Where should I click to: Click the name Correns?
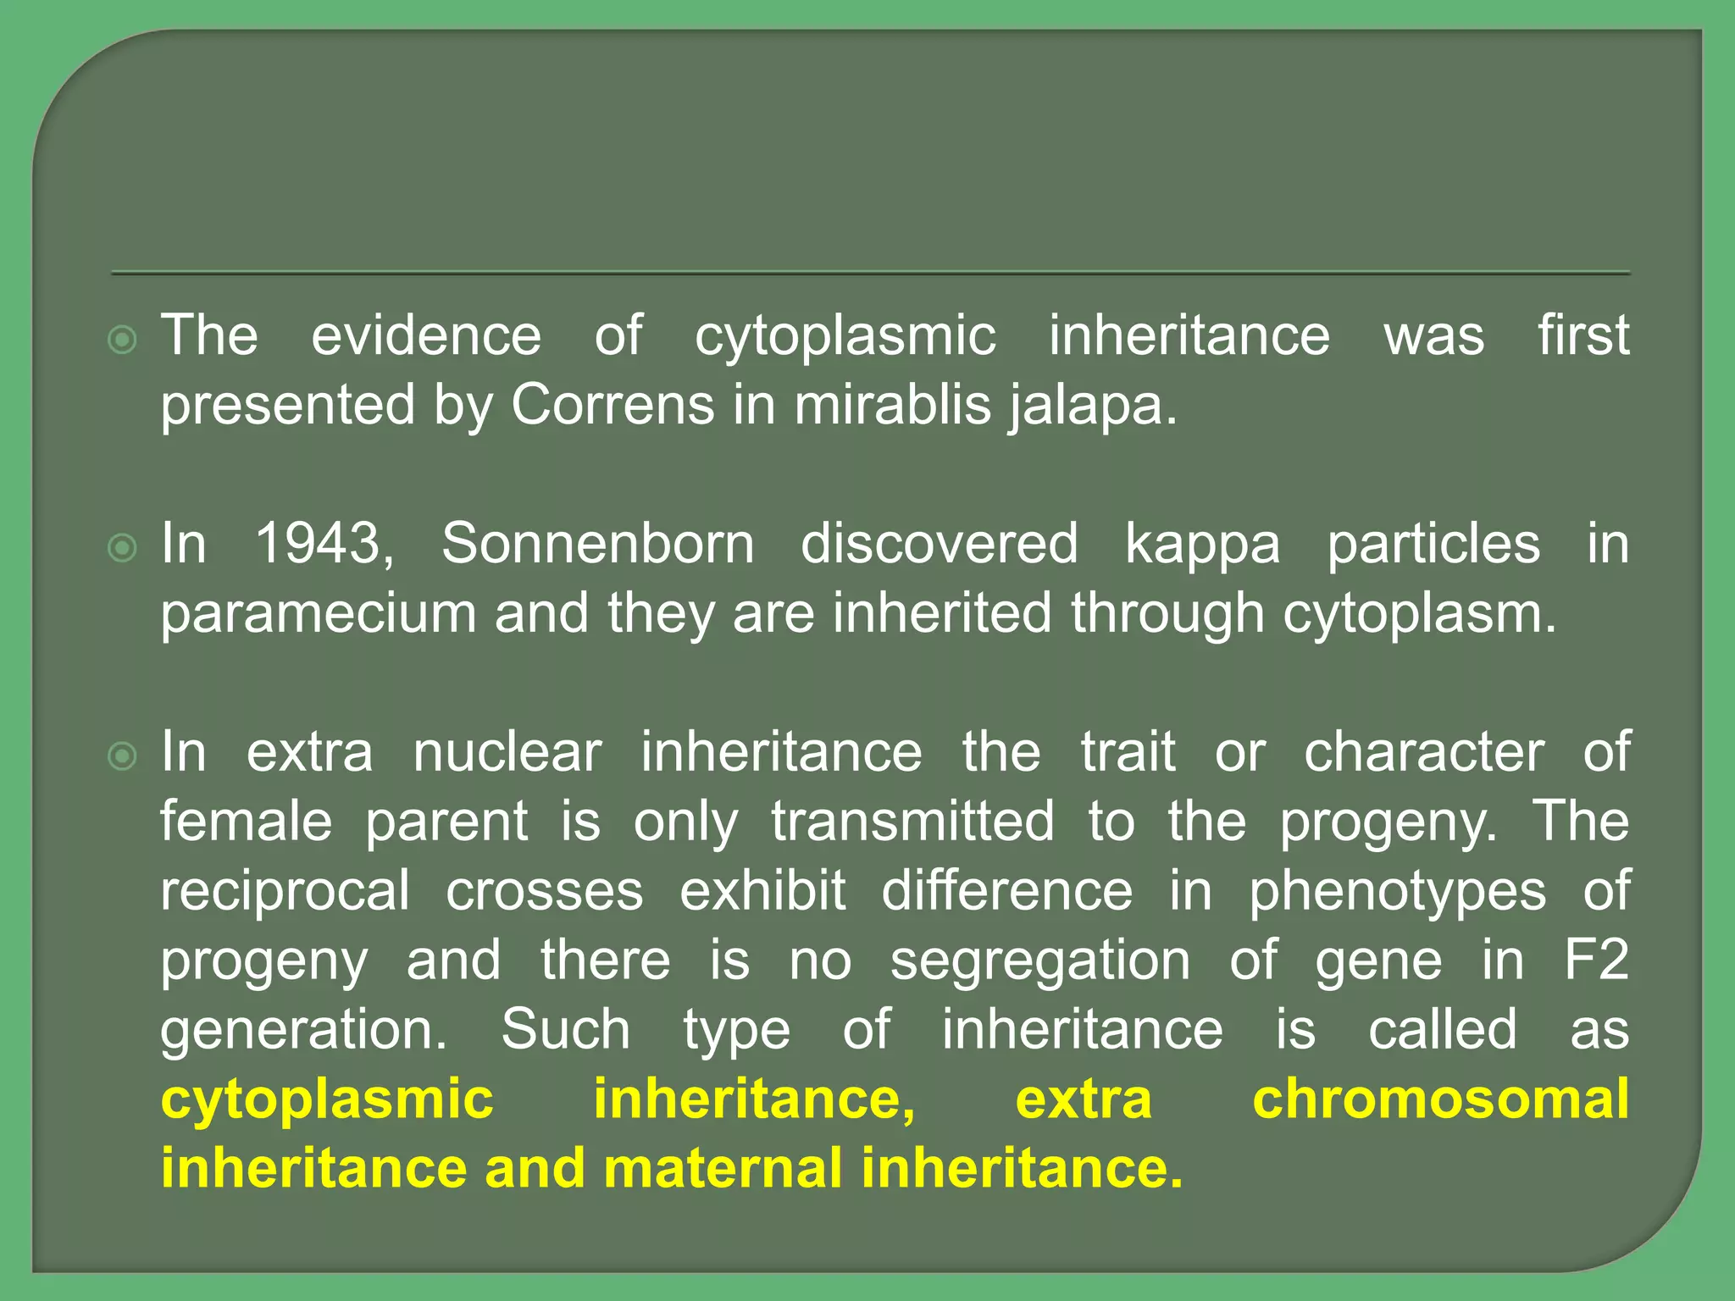pos(613,405)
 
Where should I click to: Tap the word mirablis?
pos(892,405)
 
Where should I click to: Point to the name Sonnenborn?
pos(597,543)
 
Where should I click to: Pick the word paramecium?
pos(319,614)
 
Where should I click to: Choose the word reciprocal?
pos(285,892)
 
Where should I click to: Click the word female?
pos(246,821)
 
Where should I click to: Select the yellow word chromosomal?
pos(1440,1099)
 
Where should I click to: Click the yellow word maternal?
pos(723,1168)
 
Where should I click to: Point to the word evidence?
pos(426,335)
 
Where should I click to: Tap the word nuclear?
pos(507,751)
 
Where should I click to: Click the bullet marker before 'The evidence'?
pos(123,340)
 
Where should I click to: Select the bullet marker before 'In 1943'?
pos(123,549)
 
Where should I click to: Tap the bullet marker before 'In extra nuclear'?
pos(123,756)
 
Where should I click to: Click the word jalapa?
pos(1092,407)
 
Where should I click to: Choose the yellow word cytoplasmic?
pos(327,1100)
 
